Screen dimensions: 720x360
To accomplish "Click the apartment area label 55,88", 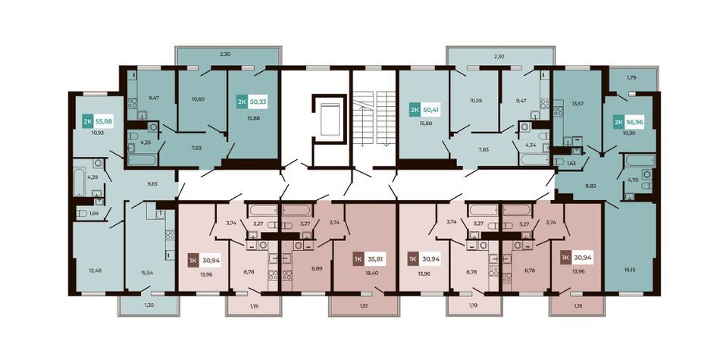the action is click(x=103, y=122).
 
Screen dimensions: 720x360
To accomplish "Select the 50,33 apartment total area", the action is click(x=258, y=102).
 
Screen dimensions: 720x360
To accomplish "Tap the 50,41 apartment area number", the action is click(x=430, y=110).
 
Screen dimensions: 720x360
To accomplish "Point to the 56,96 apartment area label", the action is click(x=634, y=123).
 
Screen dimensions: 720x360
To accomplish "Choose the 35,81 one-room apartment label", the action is click(x=374, y=259).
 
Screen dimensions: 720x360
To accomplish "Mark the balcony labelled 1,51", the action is click(x=363, y=304).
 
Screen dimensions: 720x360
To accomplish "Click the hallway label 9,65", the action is click(x=152, y=183).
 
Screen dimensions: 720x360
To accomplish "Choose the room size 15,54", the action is click(x=147, y=273).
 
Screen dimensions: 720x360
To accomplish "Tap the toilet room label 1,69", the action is click(x=94, y=213).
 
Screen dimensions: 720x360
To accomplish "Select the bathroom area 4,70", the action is click(x=633, y=180).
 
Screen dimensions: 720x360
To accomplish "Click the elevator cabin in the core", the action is click(x=330, y=119).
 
